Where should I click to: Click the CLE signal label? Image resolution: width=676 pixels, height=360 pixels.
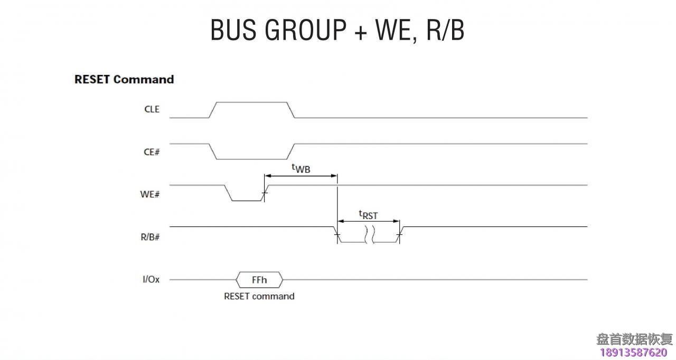152,110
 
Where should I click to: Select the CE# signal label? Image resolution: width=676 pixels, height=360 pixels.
152,152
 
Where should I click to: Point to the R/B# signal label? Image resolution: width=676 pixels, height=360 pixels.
151,237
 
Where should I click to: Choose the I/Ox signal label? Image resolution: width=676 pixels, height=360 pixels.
151,279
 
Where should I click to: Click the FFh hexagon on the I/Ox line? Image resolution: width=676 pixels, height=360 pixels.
259,279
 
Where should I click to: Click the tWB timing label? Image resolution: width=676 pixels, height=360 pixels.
301,168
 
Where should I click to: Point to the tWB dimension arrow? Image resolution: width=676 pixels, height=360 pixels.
301,176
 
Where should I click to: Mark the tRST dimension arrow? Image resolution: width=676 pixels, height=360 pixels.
368,221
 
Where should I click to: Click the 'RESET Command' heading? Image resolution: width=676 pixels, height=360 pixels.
124,79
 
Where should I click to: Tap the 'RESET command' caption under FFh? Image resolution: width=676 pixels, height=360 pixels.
259,296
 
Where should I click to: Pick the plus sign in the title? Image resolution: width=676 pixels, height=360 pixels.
361,31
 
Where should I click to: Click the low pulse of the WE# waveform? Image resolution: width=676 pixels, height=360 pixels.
247,200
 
